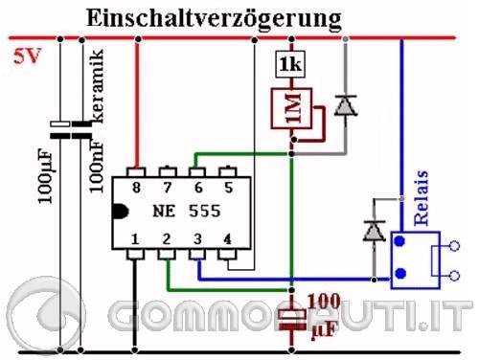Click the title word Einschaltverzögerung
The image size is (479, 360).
(212, 18)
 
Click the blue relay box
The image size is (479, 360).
(415, 259)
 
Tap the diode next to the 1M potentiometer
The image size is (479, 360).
(345, 107)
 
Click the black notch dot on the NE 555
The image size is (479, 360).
(118, 212)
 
